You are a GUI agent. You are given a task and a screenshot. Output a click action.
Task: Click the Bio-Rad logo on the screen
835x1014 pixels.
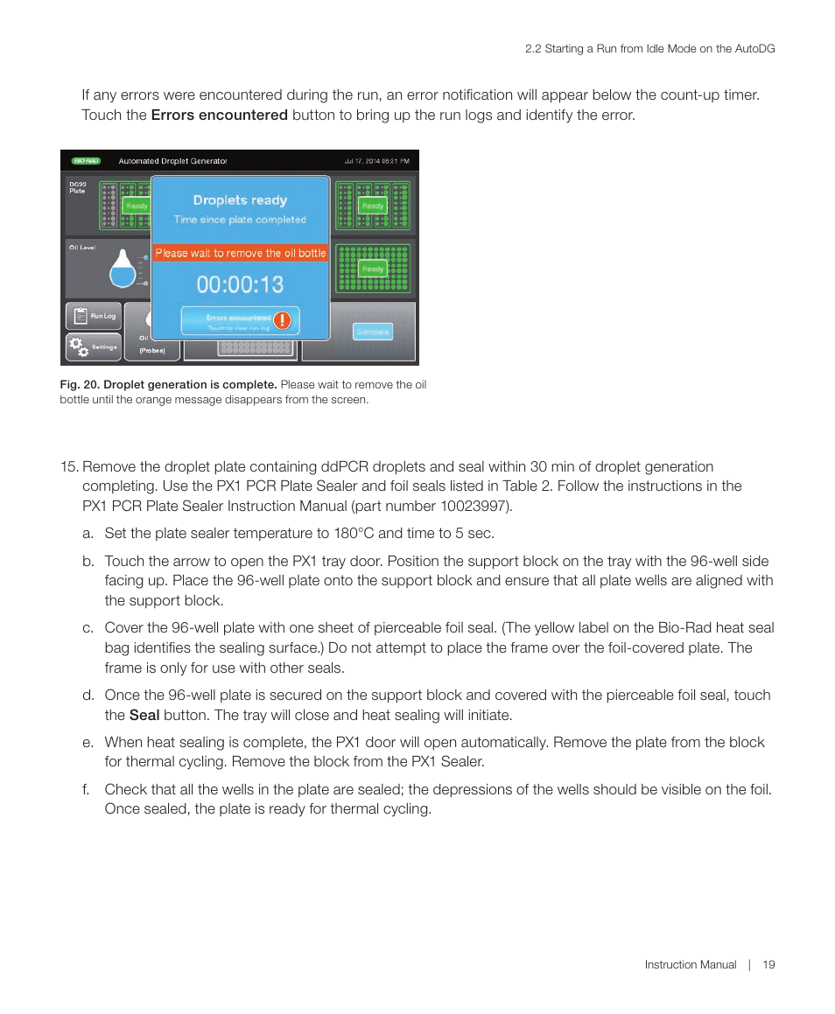tap(87, 161)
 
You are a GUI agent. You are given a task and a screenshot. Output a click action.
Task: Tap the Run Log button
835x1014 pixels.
tap(93, 316)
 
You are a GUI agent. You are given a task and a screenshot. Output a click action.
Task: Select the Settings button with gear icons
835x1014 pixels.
tap(93, 346)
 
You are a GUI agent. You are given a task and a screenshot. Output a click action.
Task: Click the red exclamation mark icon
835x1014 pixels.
tap(282, 320)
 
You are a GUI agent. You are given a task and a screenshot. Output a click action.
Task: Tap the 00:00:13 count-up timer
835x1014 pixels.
tap(240, 284)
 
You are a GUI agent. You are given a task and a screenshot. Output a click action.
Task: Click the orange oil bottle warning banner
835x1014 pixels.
tap(241, 253)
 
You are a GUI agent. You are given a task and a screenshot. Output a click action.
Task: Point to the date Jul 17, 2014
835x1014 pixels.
tap(361, 161)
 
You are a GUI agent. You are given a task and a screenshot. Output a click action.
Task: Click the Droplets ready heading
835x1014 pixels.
tap(240, 200)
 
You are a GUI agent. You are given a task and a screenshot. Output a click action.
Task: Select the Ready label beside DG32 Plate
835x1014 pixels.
tap(137, 206)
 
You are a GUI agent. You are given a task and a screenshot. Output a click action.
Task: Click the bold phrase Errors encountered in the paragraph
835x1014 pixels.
tap(220, 115)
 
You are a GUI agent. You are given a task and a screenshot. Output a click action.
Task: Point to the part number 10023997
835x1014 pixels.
tap(478, 507)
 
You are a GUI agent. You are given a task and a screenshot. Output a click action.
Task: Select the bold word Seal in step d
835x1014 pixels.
tap(144, 715)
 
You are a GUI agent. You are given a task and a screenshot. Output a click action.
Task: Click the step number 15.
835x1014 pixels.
tap(69, 467)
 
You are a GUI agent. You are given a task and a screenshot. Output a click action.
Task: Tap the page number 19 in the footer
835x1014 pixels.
tap(768, 965)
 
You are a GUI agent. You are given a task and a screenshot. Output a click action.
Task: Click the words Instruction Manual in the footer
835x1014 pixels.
tap(691, 965)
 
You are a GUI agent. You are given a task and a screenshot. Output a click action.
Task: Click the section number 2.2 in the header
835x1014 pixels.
tap(533, 49)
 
